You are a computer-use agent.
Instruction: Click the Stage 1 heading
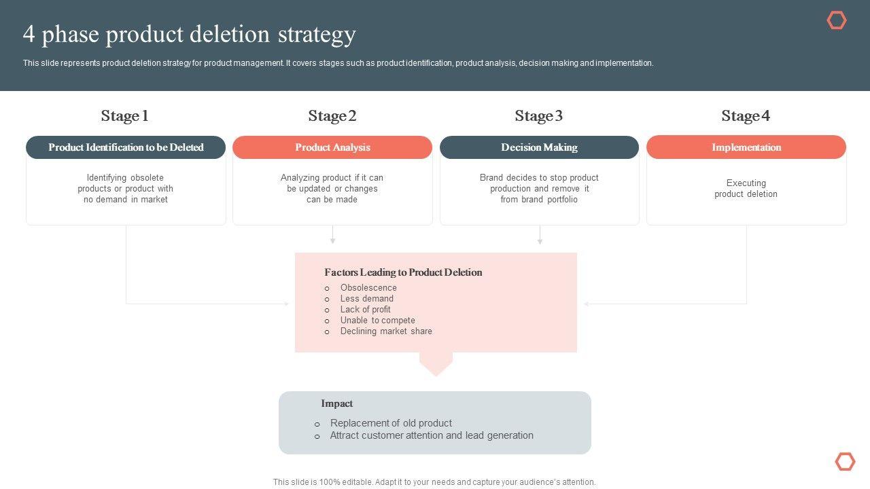(125, 116)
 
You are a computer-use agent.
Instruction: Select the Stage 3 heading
(539, 116)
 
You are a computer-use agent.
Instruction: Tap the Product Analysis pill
(332, 147)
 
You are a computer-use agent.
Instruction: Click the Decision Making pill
(539, 147)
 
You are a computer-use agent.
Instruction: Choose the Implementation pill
(746, 147)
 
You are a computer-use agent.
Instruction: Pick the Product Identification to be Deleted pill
(126, 147)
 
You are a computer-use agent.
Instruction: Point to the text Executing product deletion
(746, 189)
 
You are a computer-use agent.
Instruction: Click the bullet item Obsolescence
(368, 288)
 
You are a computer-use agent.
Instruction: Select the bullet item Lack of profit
(365, 310)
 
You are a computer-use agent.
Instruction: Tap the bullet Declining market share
(386, 331)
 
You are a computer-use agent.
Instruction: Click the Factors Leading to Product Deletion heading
(403, 272)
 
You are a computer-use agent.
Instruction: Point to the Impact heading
(337, 403)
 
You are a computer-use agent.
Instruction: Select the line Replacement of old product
(391, 423)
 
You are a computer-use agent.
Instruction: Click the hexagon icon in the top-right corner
(837, 20)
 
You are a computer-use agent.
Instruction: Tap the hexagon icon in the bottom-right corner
(845, 462)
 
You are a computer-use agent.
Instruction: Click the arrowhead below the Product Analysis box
(332, 240)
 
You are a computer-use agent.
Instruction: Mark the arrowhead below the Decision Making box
(540, 240)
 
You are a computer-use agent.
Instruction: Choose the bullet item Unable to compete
(377, 321)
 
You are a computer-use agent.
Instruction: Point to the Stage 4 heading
(746, 116)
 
